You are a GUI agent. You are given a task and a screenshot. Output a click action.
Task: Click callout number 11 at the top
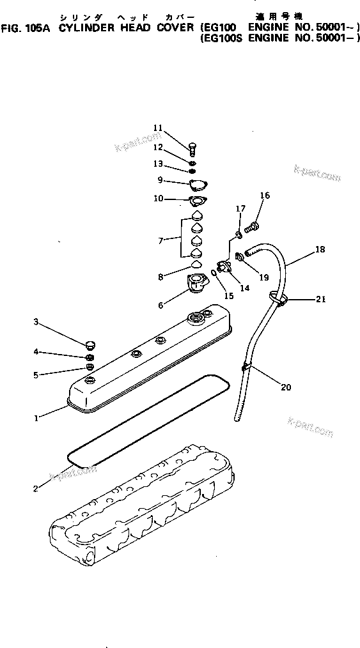(158, 127)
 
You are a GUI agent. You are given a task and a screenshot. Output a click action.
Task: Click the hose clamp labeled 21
(276, 297)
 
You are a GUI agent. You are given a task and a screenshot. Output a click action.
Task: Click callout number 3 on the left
(36, 322)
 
